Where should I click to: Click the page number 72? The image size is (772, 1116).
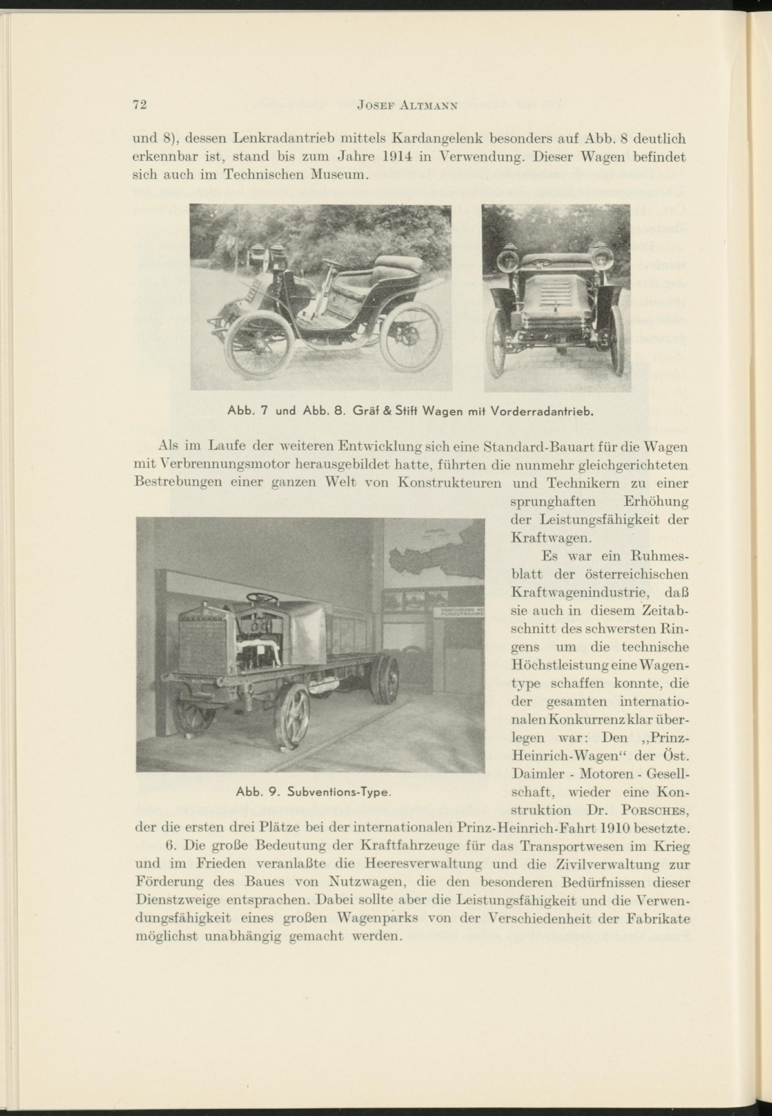[x=140, y=106]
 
